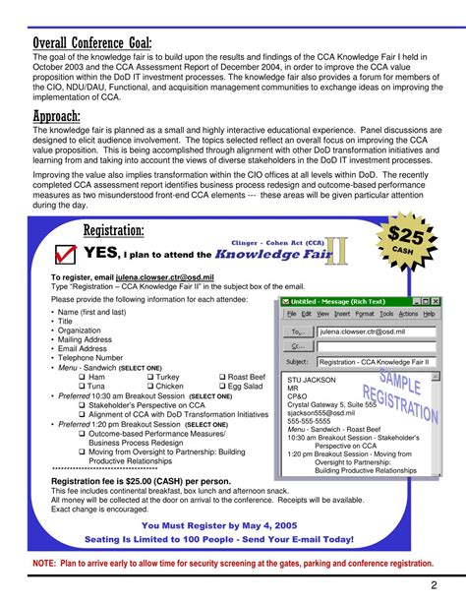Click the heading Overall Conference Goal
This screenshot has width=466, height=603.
click(x=92, y=44)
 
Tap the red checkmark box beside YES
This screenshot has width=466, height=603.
click(x=67, y=253)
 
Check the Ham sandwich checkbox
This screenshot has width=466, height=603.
click(x=83, y=377)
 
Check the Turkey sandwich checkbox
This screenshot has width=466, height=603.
click(x=150, y=377)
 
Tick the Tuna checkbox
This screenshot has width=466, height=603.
click(x=83, y=387)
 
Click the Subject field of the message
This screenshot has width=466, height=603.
click(x=377, y=363)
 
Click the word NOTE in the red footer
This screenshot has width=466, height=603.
click(x=44, y=564)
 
